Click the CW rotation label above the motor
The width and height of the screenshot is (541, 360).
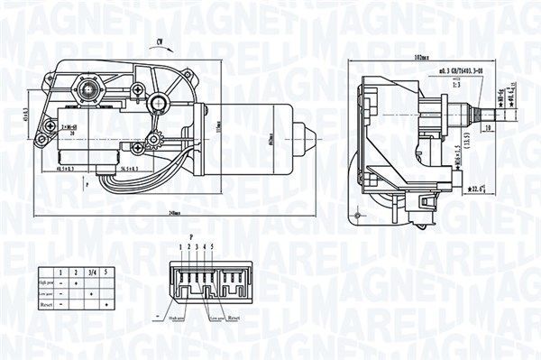pyautogui.click(x=160, y=42)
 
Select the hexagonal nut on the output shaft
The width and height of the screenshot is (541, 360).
pyautogui.click(x=89, y=89)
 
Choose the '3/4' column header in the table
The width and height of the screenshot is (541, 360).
pyautogui.click(x=91, y=271)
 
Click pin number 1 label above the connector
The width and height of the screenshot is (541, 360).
pyautogui.click(x=180, y=245)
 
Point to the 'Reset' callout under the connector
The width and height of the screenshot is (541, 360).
pyautogui.click(x=234, y=318)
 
